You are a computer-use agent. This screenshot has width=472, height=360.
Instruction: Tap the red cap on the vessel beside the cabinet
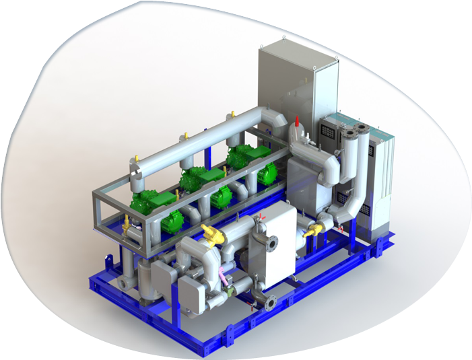(297, 122)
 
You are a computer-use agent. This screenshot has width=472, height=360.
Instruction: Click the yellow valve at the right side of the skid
(312, 233)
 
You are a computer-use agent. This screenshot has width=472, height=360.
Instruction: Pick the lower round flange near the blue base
(269, 304)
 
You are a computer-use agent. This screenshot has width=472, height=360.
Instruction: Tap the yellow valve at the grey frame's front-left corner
(127, 221)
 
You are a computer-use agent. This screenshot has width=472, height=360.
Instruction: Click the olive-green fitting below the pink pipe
(226, 291)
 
